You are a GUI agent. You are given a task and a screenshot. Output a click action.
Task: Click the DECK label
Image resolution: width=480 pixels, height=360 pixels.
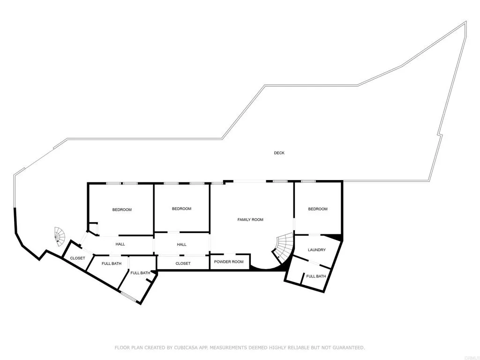pyautogui.click(x=279, y=153)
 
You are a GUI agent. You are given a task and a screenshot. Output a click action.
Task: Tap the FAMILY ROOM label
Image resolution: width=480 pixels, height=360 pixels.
pyautogui.click(x=250, y=219)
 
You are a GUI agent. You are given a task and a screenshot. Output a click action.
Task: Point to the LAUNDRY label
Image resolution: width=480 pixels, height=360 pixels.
pyautogui.click(x=316, y=250)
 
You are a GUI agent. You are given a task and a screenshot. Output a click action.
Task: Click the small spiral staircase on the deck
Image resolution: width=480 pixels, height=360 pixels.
pyautogui.click(x=60, y=236)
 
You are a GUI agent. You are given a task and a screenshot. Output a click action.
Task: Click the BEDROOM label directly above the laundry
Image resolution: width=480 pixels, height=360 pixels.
pyautogui.click(x=317, y=209)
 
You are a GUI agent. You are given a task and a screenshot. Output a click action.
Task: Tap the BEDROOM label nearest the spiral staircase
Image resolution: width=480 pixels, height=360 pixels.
pyautogui.click(x=122, y=210)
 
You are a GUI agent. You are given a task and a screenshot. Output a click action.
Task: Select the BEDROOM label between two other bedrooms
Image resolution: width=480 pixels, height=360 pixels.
pyautogui.click(x=181, y=209)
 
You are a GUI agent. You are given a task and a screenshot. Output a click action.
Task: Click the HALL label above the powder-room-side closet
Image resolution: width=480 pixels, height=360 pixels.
pyautogui.click(x=181, y=244)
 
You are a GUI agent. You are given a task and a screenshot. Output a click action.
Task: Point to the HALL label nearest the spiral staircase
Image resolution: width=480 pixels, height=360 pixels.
pyautogui.click(x=120, y=244)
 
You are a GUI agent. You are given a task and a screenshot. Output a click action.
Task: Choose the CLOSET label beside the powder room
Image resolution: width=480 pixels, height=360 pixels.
pyautogui.click(x=183, y=263)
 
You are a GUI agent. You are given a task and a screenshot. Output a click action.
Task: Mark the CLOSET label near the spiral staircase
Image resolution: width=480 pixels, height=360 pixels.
pyautogui.click(x=77, y=258)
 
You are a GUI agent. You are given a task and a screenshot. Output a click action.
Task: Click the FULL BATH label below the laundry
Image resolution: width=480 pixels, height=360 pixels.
pyautogui.click(x=316, y=276)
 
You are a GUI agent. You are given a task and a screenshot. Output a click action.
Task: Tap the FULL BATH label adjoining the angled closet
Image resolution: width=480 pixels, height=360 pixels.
pyautogui.click(x=112, y=263)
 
